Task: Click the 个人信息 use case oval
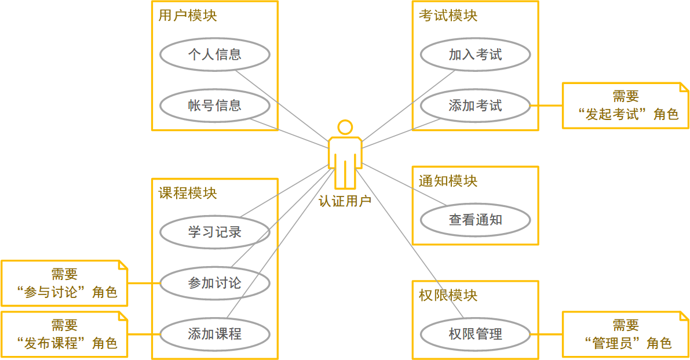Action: (x=214, y=55)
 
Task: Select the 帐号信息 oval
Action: (x=214, y=106)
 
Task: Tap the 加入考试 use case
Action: (x=475, y=55)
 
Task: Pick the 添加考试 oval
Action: (x=475, y=106)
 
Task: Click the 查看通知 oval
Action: (x=475, y=220)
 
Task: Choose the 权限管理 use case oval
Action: (x=475, y=334)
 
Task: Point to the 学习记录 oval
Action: (x=214, y=232)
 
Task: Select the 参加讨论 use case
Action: (x=214, y=283)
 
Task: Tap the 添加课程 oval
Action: (x=214, y=334)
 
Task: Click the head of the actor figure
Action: (x=345, y=127)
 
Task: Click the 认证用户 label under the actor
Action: (x=345, y=201)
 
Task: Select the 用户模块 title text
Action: (x=188, y=16)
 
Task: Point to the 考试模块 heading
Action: (x=448, y=16)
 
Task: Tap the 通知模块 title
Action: (x=448, y=181)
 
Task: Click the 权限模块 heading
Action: (x=448, y=295)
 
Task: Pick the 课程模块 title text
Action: (x=188, y=193)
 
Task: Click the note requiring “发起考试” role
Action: (x=626, y=106)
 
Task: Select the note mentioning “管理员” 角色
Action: (x=626, y=334)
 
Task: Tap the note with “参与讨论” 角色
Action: (x=64, y=283)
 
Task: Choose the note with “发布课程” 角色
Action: (x=64, y=334)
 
